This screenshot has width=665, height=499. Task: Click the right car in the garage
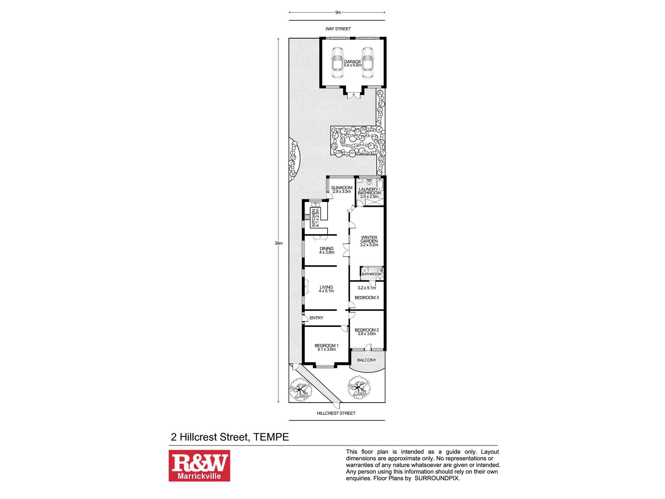(x=367, y=63)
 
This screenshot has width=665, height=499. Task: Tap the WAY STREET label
(x=338, y=29)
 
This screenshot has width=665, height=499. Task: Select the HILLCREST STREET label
(x=336, y=413)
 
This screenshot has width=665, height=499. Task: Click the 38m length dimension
(x=278, y=243)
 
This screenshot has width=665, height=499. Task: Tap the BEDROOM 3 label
(x=367, y=298)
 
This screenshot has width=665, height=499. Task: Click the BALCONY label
(x=367, y=360)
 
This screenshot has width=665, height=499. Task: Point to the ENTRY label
(x=316, y=318)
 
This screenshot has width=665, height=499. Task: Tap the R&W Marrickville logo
(x=199, y=466)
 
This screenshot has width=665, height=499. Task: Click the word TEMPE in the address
(x=271, y=437)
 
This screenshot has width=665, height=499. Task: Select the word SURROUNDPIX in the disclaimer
(x=436, y=478)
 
